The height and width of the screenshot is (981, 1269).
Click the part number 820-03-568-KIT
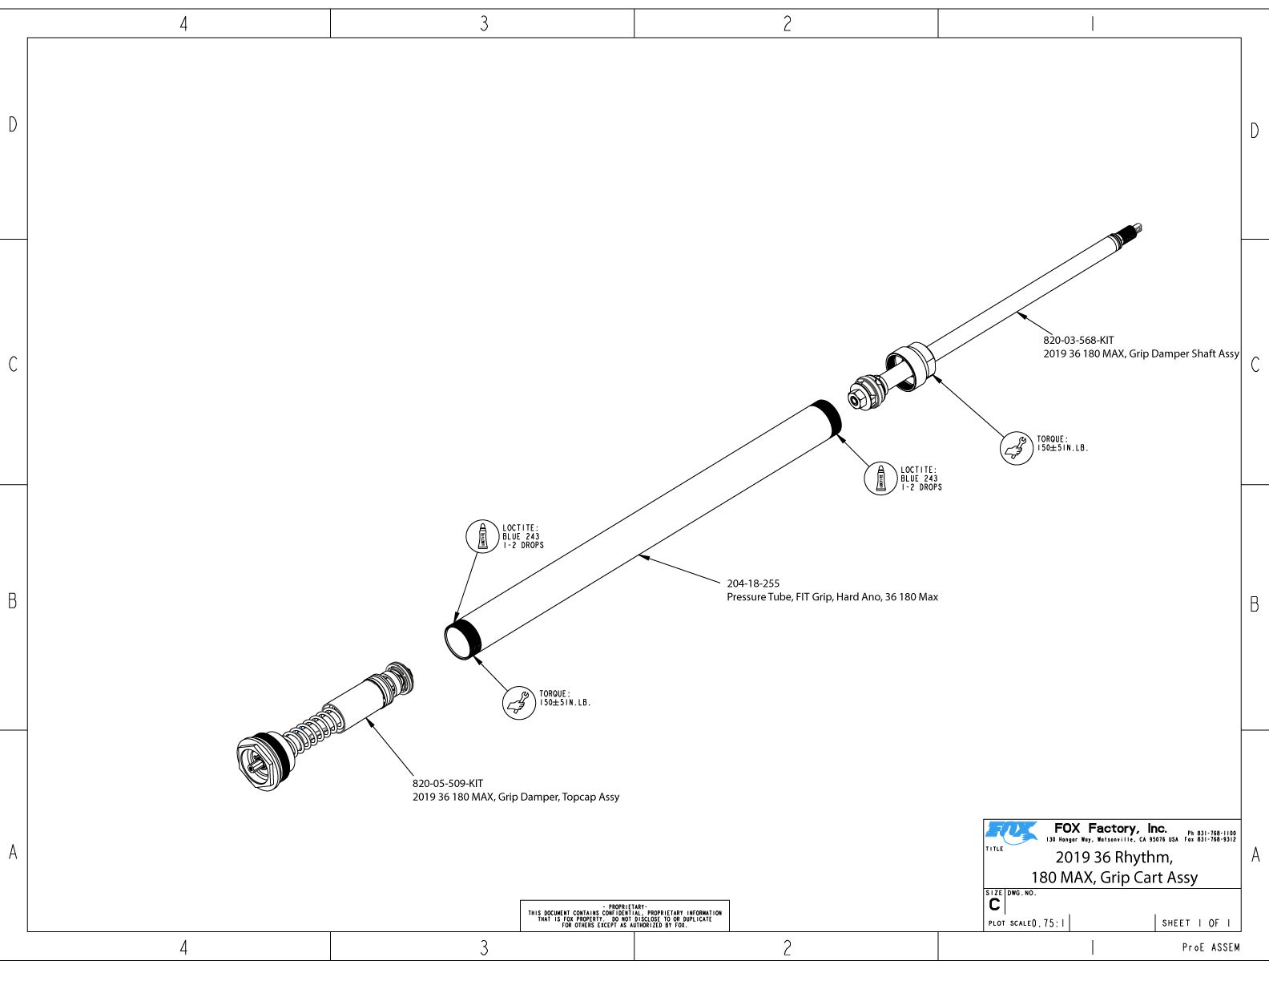pos(1078,341)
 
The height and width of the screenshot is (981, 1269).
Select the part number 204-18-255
pos(753,583)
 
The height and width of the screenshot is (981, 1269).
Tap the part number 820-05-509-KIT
pos(448,783)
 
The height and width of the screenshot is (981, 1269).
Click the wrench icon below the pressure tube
pos(518,703)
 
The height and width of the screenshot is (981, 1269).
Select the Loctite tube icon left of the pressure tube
pos(482,535)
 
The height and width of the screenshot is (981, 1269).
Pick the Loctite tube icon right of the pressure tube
pos(880,478)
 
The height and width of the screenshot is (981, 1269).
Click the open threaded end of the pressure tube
pos(461,639)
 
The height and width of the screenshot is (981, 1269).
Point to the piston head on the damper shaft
pos(866,392)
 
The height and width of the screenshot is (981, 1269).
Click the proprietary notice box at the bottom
pos(624,915)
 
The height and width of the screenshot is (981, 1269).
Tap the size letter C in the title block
pos(994,905)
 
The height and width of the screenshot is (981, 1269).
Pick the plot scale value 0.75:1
pos(1049,923)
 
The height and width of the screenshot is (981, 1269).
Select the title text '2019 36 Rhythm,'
pos(1114,858)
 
